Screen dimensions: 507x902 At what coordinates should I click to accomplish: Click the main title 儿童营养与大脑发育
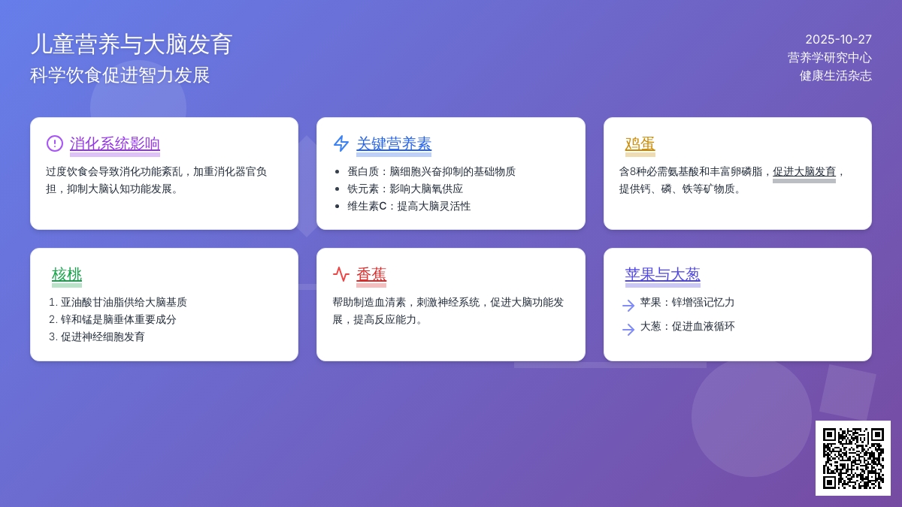[132, 44]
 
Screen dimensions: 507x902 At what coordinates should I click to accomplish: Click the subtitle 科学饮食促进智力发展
[120, 75]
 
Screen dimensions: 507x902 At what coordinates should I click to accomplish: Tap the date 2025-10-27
[838, 39]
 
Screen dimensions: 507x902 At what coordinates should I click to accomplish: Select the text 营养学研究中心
[829, 57]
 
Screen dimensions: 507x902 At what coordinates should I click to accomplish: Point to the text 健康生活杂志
[835, 75]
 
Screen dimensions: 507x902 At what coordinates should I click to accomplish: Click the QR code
[852, 457]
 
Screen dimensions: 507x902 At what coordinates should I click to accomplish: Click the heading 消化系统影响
[115, 143]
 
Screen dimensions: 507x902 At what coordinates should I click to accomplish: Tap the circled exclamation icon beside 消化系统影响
[55, 143]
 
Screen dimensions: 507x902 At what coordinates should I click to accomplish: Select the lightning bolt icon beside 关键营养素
[341, 143]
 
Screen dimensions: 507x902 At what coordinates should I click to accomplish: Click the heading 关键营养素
[394, 143]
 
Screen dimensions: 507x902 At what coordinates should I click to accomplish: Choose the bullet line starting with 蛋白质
[431, 171]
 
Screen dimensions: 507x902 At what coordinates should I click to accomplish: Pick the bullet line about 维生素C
[409, 206]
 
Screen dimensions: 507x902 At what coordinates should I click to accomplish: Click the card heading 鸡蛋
[640, 143]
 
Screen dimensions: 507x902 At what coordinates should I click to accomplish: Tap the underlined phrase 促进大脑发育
[804, 171]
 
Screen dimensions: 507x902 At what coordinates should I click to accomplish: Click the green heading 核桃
[67, 274]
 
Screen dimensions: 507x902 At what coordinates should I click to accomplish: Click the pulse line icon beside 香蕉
[341, 274]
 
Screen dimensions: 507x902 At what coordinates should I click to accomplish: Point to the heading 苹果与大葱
[662, 274]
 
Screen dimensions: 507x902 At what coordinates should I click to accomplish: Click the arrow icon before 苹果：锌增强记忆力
[628, 305]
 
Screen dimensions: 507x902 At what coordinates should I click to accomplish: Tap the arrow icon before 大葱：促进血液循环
[628, 329]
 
